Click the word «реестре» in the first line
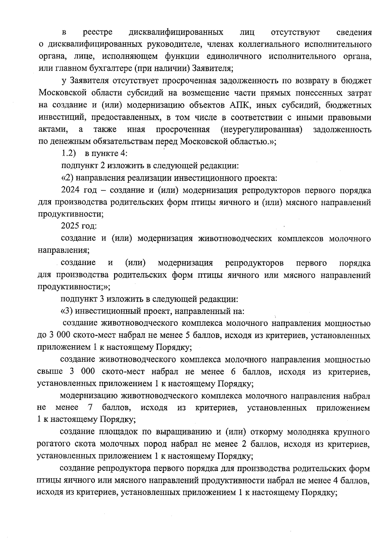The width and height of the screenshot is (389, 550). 98,32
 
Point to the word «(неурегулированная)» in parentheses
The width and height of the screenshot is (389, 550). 261,130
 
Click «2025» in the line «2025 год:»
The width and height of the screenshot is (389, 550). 69,226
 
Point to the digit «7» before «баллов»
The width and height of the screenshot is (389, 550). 90,408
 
